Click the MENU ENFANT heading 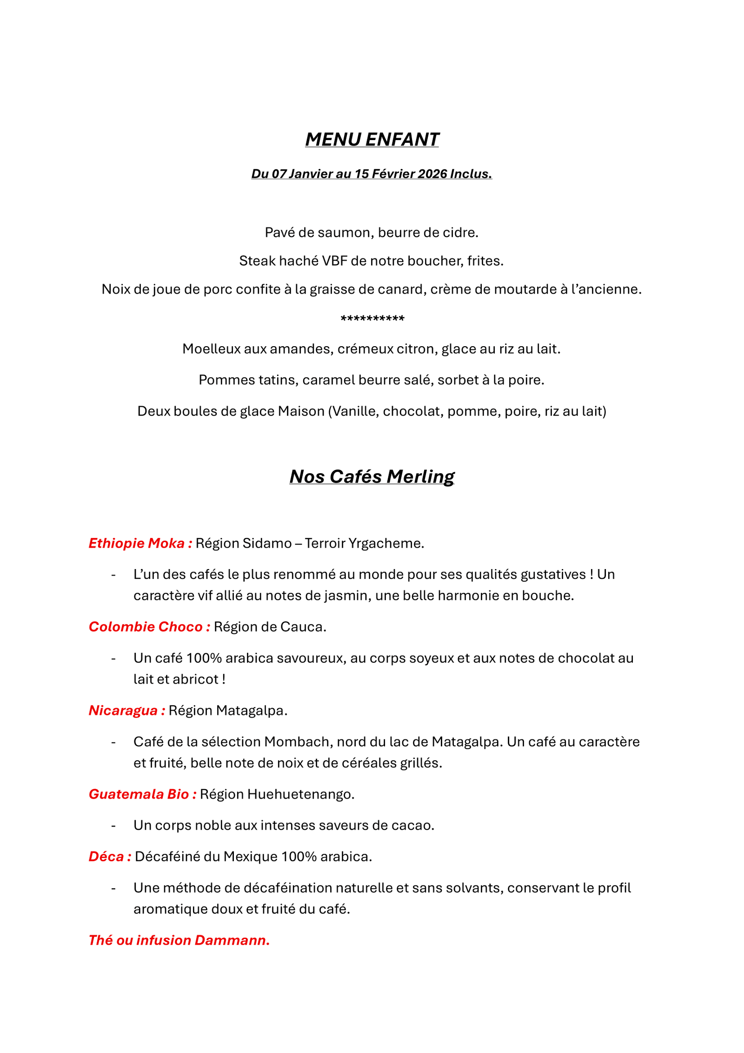pyautogui.click(x=372, y=139)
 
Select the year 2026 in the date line pyautogui.click(x=432, y=174)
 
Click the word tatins pyautogui.click(x=280, y=380)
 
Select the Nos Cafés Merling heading pyautogui.click(x=372, y=476)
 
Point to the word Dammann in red pyautogui.click(x=231, y=940)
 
